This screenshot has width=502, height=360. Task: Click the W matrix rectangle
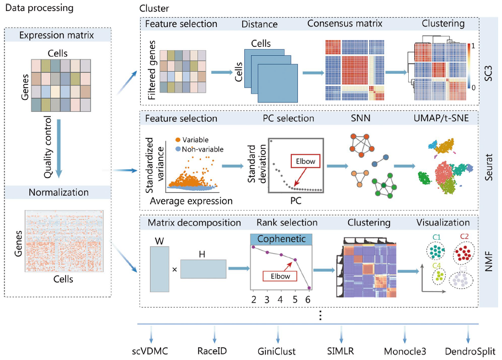pyautogui.click(x=159, y=268)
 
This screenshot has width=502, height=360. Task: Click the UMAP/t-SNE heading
pyautogui.click(x=443, y=119)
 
